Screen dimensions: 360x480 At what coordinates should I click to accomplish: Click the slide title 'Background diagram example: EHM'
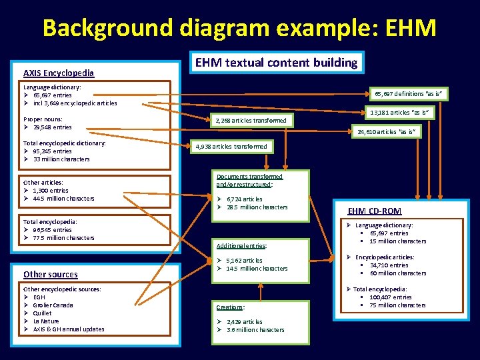(239, 28)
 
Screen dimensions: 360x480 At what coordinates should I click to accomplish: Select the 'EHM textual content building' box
(277, 63)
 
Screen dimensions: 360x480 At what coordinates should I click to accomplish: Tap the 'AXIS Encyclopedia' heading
(59, 73)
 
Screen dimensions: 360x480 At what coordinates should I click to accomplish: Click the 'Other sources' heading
(50, 274)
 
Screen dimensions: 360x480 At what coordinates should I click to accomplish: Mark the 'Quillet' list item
(43, 313)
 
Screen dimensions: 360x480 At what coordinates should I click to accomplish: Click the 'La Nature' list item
(46, 321)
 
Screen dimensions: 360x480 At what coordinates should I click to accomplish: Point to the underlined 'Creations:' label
(231, 307)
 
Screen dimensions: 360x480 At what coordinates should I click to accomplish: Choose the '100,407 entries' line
(391, 297)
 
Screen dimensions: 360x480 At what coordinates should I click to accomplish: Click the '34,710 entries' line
(389, 265)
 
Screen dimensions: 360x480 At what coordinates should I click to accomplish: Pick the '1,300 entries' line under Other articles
(50, 191)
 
